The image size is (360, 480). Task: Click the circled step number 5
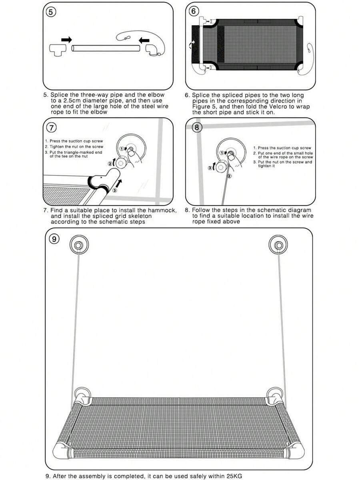[51, 12]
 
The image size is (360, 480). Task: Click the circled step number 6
[193, 11]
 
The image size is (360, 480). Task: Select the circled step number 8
[197, 127]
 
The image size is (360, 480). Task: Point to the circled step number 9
[54, 239]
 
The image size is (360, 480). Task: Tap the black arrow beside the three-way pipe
[67, 40]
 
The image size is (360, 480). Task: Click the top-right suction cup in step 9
[278, 245]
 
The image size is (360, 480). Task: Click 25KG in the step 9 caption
[234, 476]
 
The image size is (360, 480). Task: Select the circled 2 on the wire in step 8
[229, 176]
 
